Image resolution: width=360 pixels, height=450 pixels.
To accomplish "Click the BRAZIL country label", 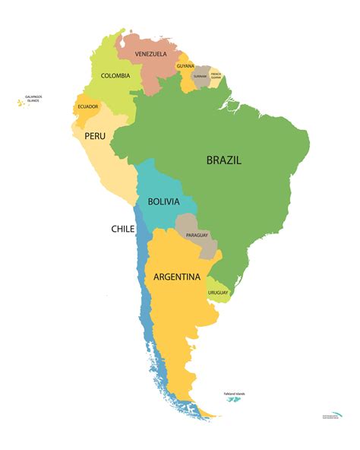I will pos(224,160).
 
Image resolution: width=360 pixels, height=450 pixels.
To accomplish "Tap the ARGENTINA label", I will pos(177,277).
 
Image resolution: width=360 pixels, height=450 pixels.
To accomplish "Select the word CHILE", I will pos(123,228).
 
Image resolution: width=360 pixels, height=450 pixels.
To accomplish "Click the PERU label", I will pos(94,135).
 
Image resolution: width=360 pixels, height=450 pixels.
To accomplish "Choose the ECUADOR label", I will pos(88,106).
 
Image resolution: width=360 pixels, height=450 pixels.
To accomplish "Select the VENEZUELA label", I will pos(151,54).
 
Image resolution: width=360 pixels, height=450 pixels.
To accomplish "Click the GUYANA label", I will pos(185,66).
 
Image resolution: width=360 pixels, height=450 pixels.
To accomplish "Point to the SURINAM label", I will pos(201,76).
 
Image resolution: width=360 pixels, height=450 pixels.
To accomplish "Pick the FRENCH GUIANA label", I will pos(216,74).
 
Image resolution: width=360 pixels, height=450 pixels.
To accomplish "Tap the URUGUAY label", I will pos(218,292).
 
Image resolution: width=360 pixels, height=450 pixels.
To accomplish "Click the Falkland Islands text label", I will pos(234,393).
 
